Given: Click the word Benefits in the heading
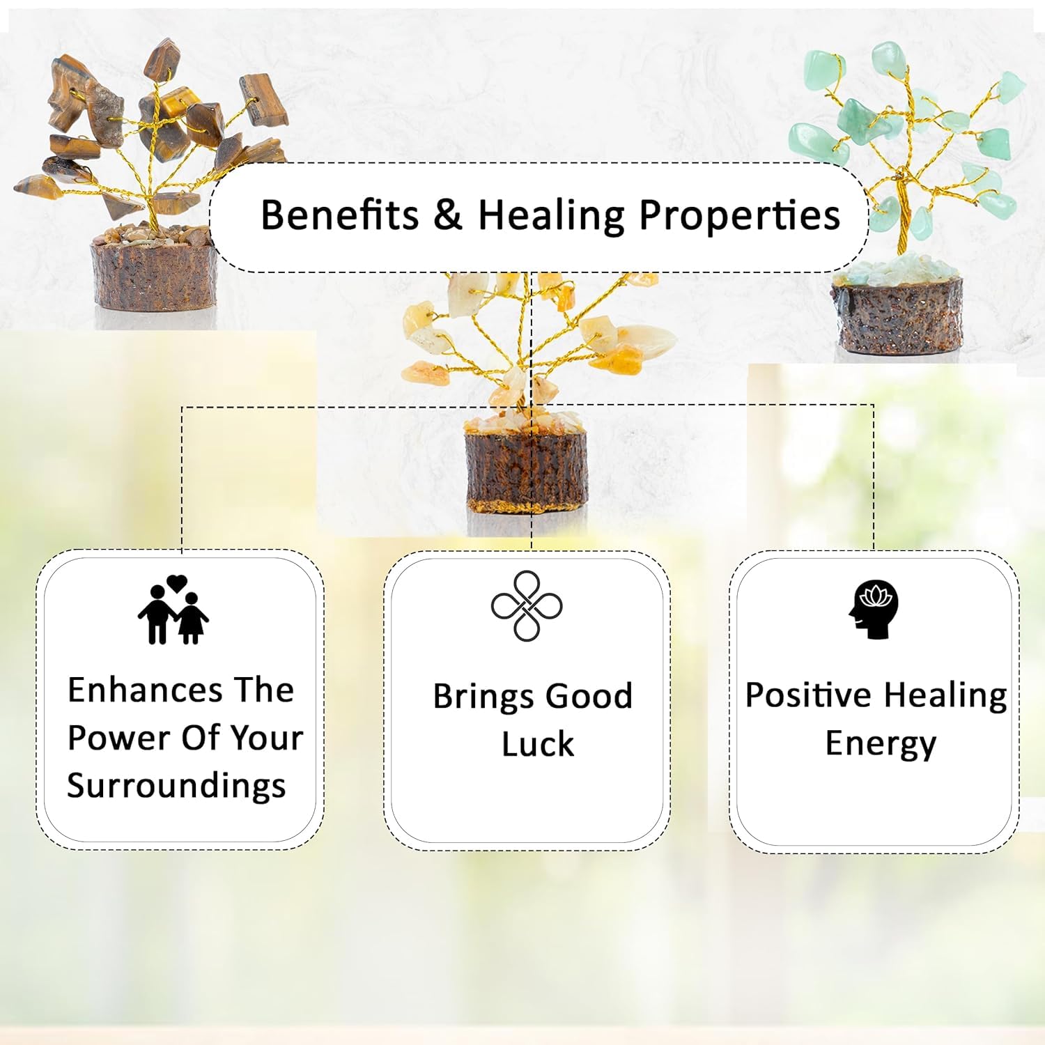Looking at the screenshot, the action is coord(340,214).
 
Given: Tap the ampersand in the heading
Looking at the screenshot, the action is coord(448,215).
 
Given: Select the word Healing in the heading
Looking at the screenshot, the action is coord(551,215).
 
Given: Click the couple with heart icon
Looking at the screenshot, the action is coord(173,610).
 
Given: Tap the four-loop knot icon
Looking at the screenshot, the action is coord(527,605).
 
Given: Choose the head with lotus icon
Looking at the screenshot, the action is coord(874,609).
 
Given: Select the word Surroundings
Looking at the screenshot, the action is coord(176,787).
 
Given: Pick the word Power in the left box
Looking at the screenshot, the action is coord(109,738).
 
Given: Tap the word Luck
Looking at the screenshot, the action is coord(538,744).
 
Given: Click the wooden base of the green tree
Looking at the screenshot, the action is coord(897,316).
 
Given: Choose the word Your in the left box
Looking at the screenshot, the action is coord(267,738).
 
